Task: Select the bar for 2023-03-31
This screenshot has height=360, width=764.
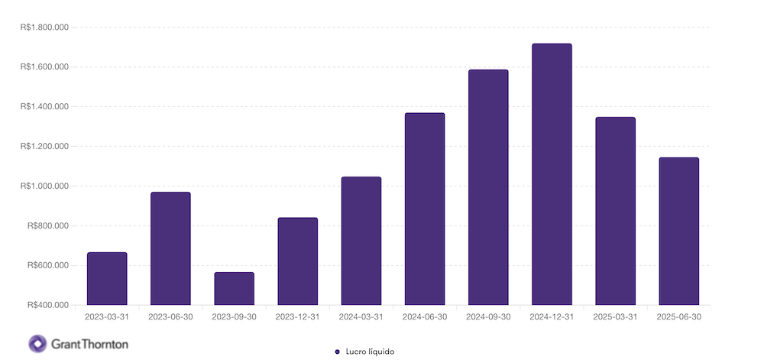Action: (107, 279)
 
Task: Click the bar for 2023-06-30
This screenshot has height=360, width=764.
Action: (170, 248)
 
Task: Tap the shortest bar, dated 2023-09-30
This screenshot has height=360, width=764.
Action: (234, 289)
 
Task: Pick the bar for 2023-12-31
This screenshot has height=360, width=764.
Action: (297, 261)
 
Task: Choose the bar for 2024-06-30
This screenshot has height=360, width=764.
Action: (425, 209)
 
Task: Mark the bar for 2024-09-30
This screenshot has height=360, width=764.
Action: (488, 187)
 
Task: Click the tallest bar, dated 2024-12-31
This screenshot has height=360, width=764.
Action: (552, 174)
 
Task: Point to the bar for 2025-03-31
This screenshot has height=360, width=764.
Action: (615, 211)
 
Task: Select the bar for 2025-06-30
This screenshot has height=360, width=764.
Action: (678, 231)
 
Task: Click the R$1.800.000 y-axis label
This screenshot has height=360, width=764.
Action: (45, 28)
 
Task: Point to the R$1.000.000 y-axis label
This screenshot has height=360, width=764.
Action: (45, 186)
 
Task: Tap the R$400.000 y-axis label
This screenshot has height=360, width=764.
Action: (48, 305)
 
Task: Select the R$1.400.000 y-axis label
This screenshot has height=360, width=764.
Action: (45, 106)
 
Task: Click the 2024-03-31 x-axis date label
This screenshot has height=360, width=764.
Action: (361, 316)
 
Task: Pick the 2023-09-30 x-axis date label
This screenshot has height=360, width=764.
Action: (234, 316)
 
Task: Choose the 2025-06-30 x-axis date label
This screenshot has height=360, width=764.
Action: (678, 316)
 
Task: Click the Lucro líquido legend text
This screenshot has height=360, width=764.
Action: (371, 351)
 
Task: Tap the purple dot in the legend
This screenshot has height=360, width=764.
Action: (337, 351)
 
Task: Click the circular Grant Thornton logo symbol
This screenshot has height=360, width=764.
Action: (37, 343)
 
